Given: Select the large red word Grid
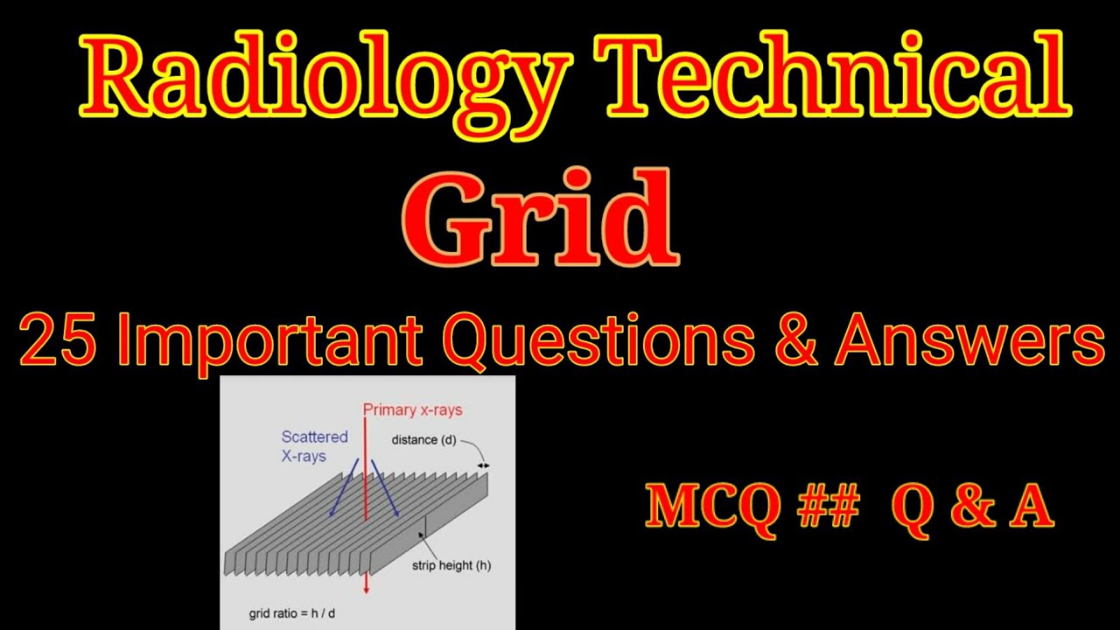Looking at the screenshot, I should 540,219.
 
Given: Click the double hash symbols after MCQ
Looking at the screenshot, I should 828,507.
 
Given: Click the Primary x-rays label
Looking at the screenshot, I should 412,409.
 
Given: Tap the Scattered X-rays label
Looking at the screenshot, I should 314,446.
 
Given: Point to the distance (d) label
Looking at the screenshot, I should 426,439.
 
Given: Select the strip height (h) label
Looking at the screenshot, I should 451,565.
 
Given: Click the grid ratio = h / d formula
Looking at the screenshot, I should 291,613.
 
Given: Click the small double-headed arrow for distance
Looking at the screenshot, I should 483,465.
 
